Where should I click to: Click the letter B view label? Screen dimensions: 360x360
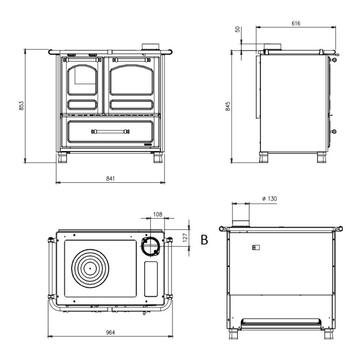coord(205,241)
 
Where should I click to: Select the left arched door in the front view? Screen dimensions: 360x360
coord(83,87)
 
